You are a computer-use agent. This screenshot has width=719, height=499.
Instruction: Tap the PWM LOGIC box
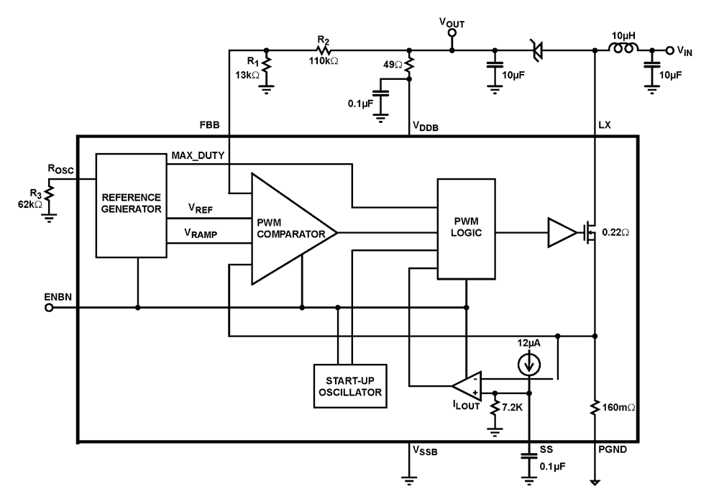click(466, 229)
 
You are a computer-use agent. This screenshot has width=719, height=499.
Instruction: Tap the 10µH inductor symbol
click(622, 50)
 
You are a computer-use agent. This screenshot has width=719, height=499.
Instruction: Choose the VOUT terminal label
click(452, 24)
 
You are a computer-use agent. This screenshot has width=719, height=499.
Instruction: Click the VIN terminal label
click(685, 50)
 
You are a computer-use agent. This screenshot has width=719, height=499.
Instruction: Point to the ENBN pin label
click(59, 295)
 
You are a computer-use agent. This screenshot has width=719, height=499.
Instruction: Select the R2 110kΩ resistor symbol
click(325, 50)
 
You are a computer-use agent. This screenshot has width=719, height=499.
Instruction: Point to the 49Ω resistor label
click(392, 65)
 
